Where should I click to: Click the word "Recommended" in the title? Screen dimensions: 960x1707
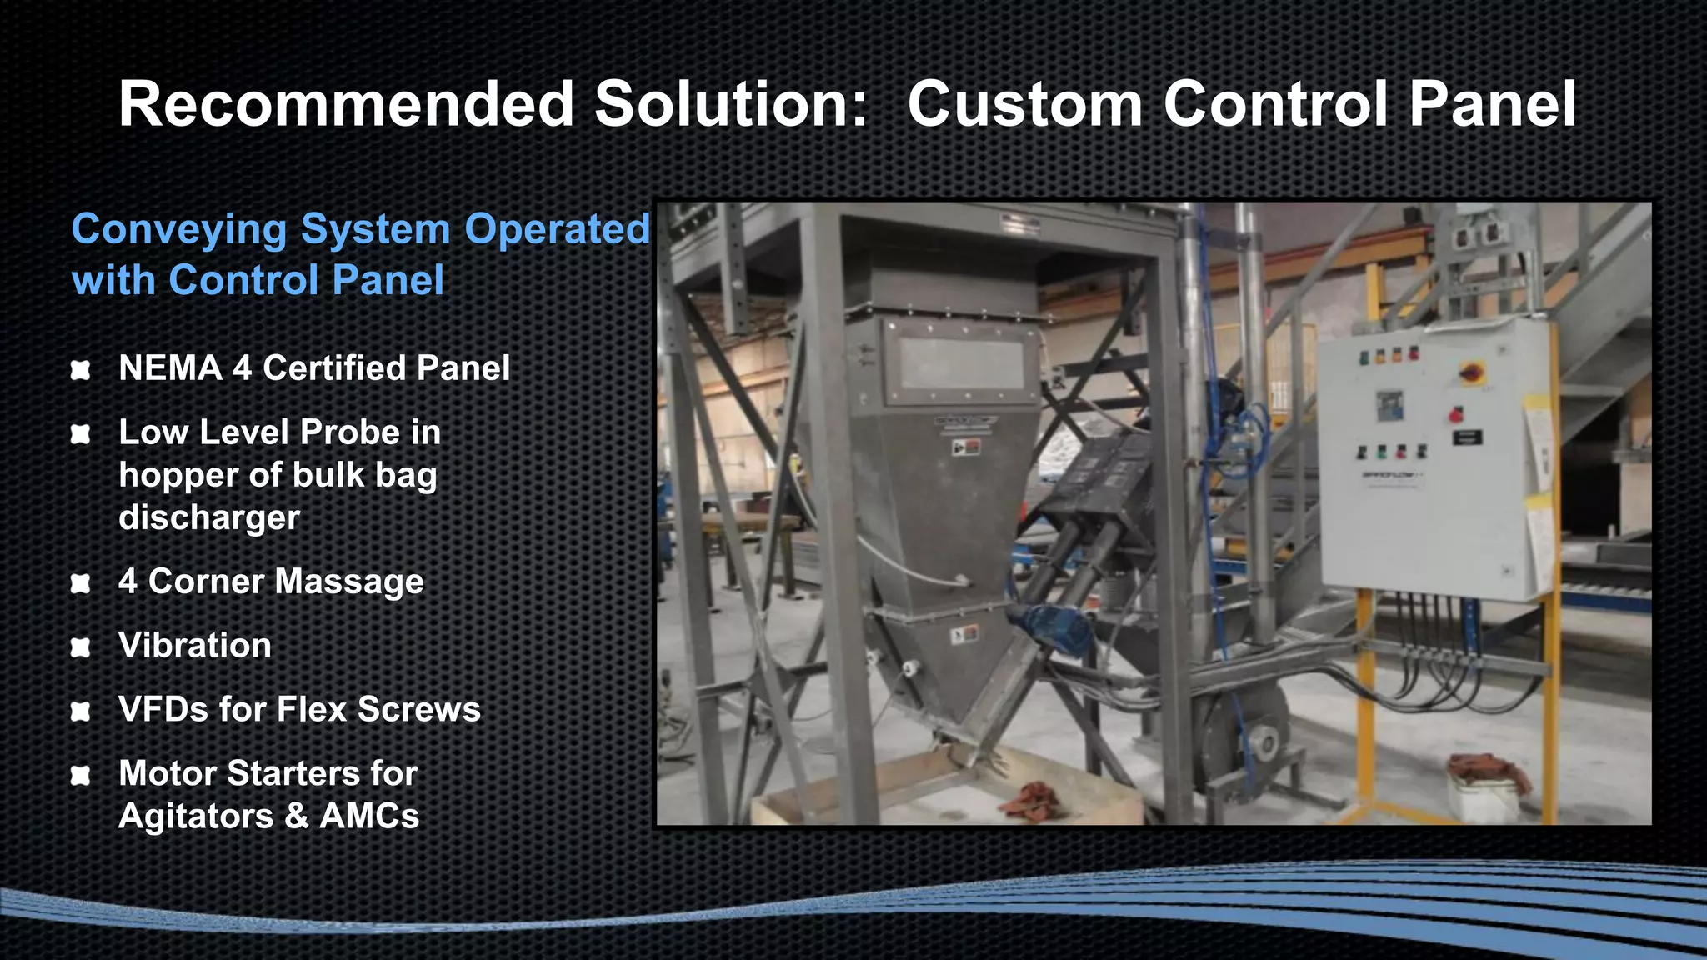347,104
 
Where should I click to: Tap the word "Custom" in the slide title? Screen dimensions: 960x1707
1025,104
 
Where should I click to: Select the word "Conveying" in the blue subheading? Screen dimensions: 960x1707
178,231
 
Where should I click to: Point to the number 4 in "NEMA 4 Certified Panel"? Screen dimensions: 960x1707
242,367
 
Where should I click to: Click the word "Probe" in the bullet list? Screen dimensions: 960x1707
350,432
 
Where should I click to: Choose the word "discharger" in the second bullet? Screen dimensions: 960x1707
209,517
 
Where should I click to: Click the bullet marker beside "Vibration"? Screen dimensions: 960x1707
81,647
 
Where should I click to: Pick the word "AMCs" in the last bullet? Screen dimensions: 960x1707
369,816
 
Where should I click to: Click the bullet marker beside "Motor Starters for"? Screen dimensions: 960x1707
81,776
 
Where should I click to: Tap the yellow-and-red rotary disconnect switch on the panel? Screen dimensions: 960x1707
1470,372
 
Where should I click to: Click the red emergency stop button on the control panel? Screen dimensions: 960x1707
1458,412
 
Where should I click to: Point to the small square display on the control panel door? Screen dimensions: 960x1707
1389,405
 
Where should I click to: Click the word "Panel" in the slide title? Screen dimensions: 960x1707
1492,104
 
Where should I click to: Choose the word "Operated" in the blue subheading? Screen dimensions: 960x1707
557,229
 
